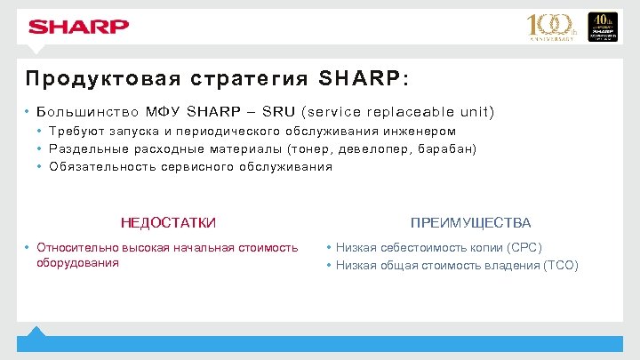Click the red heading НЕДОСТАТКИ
pos(168,222)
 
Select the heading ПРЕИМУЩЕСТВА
pos(470,222)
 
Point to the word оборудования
pos(77,263)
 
